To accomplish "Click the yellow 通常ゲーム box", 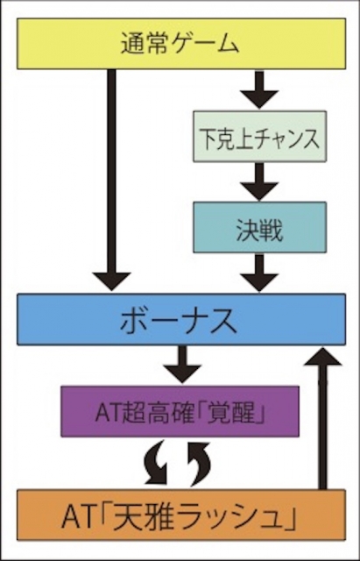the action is pos(181,44).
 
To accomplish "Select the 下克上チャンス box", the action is pos(259,137).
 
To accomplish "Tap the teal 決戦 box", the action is pos(259,227).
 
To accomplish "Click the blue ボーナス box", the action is pos(181,319).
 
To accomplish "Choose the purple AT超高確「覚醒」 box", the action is pos(180,411).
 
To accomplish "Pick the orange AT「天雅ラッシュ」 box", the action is pos(181,515).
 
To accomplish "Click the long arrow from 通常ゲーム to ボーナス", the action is pos(111,180).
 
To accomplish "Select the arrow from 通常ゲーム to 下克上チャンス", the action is pos(259,89).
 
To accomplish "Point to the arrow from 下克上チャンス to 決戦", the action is pos(259,181).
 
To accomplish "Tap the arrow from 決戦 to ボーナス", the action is pos(259,273).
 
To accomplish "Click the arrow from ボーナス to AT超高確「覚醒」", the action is pos(182,365).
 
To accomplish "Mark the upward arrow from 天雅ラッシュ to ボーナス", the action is pos(322,418).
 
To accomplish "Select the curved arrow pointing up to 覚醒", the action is pos(200,464).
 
